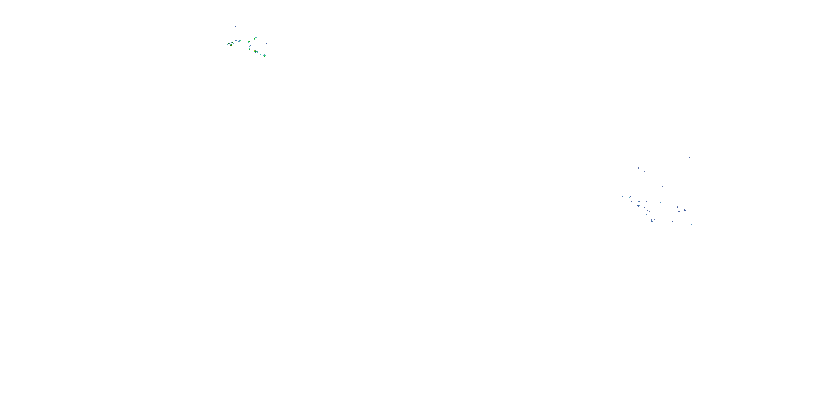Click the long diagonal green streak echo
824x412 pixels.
tap(256, 37)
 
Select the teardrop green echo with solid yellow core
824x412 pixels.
tap(231, 45)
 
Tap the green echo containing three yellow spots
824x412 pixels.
tap(256, 51)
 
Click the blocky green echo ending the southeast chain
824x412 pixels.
tap(265, 56)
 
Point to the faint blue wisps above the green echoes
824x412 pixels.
tap(236, 27)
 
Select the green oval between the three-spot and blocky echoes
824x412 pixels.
tap(261, 54)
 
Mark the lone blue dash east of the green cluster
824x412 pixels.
tap(266, 44)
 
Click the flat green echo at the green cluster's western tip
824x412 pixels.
tap(229, 44)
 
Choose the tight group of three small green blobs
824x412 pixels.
tap(240, 41)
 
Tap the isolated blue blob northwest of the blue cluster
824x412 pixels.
tap(639, 168)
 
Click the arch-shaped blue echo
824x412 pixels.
tap(630, 197)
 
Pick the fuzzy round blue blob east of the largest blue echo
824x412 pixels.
tap(673, 221)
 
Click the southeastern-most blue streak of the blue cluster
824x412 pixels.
tap(704, 230)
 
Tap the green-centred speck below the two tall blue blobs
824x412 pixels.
tap(679, 212)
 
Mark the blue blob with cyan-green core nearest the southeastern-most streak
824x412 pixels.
tap(692, 225)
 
